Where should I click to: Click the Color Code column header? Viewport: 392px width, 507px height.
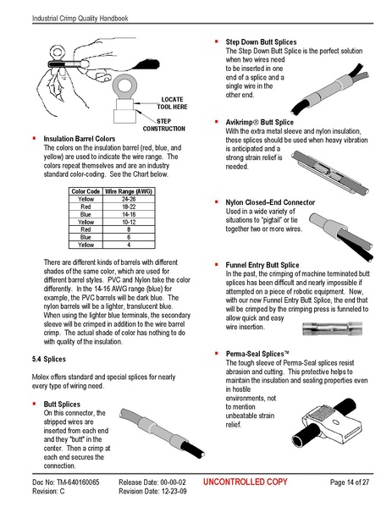pos(85,192)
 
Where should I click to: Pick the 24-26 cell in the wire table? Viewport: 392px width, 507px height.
pos(129,200)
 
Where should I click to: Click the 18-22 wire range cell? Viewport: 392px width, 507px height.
pos(129,207)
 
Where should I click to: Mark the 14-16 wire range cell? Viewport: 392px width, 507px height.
pos(129,215)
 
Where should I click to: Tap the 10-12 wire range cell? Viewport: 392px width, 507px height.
pos(129,223)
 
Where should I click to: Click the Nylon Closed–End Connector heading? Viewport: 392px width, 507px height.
pos(274,203)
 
